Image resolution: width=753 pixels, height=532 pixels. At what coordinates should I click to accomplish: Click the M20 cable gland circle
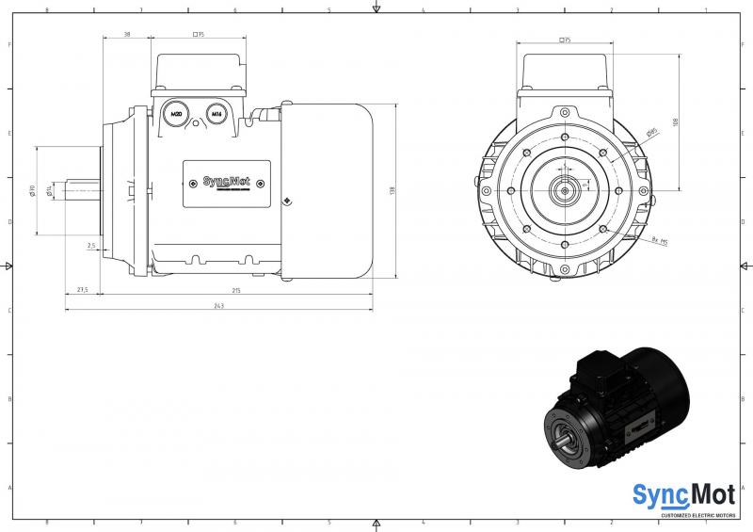tap(174, 115)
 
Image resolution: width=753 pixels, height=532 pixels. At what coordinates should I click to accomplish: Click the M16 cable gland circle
tap(216, 115)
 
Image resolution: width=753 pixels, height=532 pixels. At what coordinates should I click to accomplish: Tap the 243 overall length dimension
tap(218, 306)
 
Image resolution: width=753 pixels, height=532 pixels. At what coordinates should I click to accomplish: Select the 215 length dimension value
tap(235, 291)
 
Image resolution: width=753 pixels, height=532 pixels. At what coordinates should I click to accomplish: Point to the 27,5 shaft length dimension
tap(83, 291)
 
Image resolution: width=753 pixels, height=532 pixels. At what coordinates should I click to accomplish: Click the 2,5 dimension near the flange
tap(91, 246)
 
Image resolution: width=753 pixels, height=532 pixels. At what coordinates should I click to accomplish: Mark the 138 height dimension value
tap(392, 190)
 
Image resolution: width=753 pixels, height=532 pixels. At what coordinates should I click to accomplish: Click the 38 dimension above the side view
tap(127, 34)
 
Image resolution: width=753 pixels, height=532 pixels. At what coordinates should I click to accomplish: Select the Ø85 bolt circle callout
tap(651, 135)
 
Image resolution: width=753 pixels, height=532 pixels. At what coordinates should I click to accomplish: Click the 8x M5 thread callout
tap(658, 242)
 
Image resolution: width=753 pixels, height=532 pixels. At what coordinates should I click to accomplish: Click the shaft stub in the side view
tap(83, 190)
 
